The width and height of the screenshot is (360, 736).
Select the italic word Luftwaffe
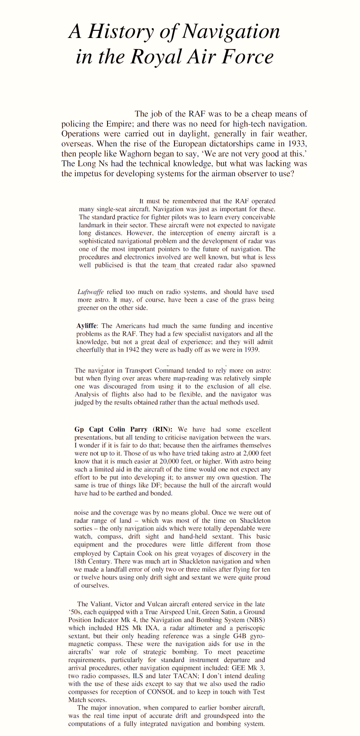(x=90, y=292)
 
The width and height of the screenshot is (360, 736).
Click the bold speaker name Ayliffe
(x=87, y=326)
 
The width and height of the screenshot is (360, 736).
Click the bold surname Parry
(x=137, y=429)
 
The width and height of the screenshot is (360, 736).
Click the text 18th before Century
(x=81, y=561)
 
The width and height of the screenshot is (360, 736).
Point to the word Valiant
(x=101, y=604)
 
